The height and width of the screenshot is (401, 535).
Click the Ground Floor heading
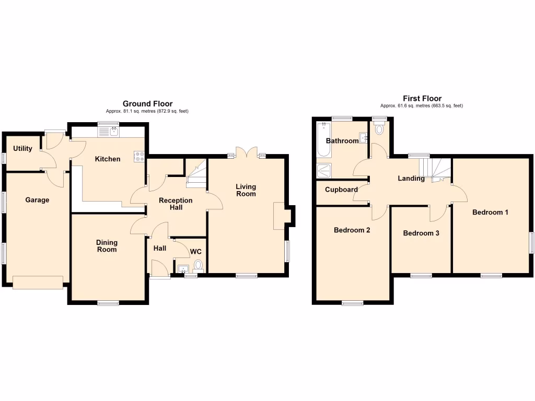click(x=147, y=104)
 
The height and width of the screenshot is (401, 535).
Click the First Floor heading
click(x=422, y=98)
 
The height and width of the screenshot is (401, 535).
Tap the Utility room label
click(x=22, y=148)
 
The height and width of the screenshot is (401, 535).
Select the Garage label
click(x=37, y=199)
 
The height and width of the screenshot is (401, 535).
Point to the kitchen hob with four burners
click(x=139, y=156)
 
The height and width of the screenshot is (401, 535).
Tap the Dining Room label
click(x=107, y=246)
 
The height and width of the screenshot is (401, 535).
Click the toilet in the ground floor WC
click(x=198, y=267)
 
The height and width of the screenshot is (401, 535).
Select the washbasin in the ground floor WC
click(x=182, y=269)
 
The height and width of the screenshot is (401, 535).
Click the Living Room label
click(x=246, y=190)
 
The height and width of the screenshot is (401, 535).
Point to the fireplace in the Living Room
click(x=280, y=216)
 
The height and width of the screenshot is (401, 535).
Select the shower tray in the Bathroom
click(x=323, y=170)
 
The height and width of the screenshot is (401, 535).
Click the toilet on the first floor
click(x=379, y=128)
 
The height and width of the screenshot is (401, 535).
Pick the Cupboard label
click(x=341, y=190)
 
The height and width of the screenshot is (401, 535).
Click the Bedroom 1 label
click(x=490, y=212)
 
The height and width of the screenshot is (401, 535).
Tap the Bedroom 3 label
click(x=421, y=233)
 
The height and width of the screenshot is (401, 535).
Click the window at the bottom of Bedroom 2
click(x=353, y=303)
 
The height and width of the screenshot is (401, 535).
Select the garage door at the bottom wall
click(x=38, y=282)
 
